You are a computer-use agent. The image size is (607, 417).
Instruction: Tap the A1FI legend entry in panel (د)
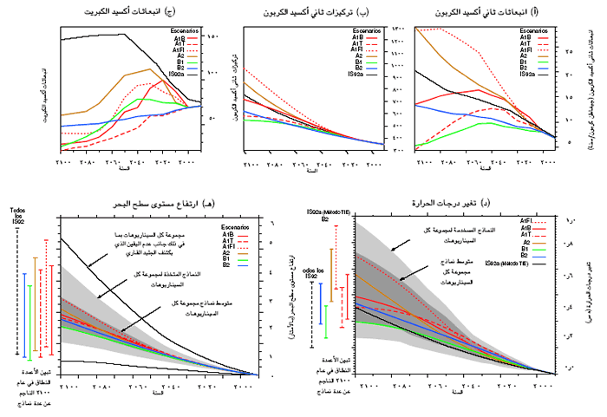pyautogui.click(x=525, y=221)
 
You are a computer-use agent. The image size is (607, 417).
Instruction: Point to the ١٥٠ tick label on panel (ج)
pyautogui.click(x=214, y=36)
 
